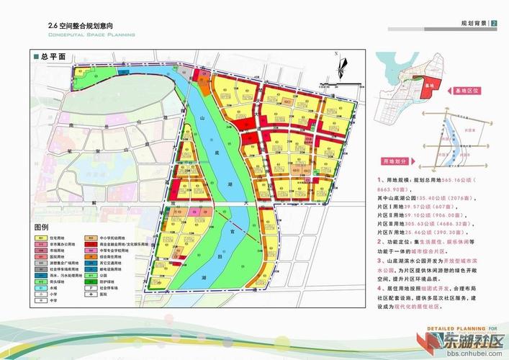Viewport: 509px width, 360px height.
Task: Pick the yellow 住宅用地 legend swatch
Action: [41, 238]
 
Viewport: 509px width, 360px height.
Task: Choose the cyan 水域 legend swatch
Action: [41, 288]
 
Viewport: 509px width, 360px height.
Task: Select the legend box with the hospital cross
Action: [91, 294]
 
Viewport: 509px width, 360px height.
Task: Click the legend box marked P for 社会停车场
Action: [91, 288]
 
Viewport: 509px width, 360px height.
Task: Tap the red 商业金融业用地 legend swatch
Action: [91, 245]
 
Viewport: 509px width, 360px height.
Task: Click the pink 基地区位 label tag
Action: [468, 92]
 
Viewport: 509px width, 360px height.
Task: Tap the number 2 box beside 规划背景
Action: [494, 24]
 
